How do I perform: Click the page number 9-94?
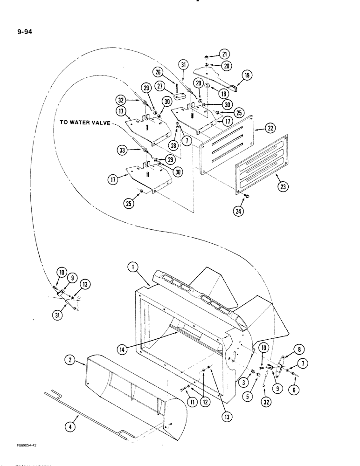click(21, 33)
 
